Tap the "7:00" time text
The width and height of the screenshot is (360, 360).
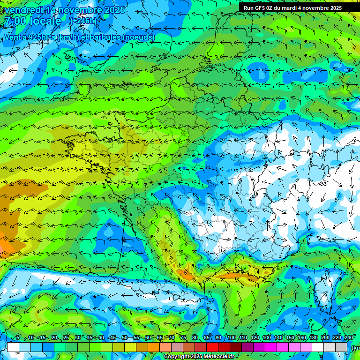tap(14, 21)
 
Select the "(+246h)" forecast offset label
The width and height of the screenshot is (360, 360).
tap(83, 21)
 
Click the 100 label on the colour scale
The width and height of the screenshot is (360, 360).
tap(231, 337)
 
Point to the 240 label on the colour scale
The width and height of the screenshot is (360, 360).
tap(349, 337)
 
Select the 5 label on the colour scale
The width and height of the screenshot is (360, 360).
tap(18, 337)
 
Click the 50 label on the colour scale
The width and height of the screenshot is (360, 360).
tap(125, 337)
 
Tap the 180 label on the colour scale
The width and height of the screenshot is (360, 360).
tap(314, 337)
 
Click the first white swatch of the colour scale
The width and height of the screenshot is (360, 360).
tap(13, 347)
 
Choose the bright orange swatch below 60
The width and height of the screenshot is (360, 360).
tap(154, 347)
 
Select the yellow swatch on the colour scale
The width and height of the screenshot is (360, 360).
tap(130, 347)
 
